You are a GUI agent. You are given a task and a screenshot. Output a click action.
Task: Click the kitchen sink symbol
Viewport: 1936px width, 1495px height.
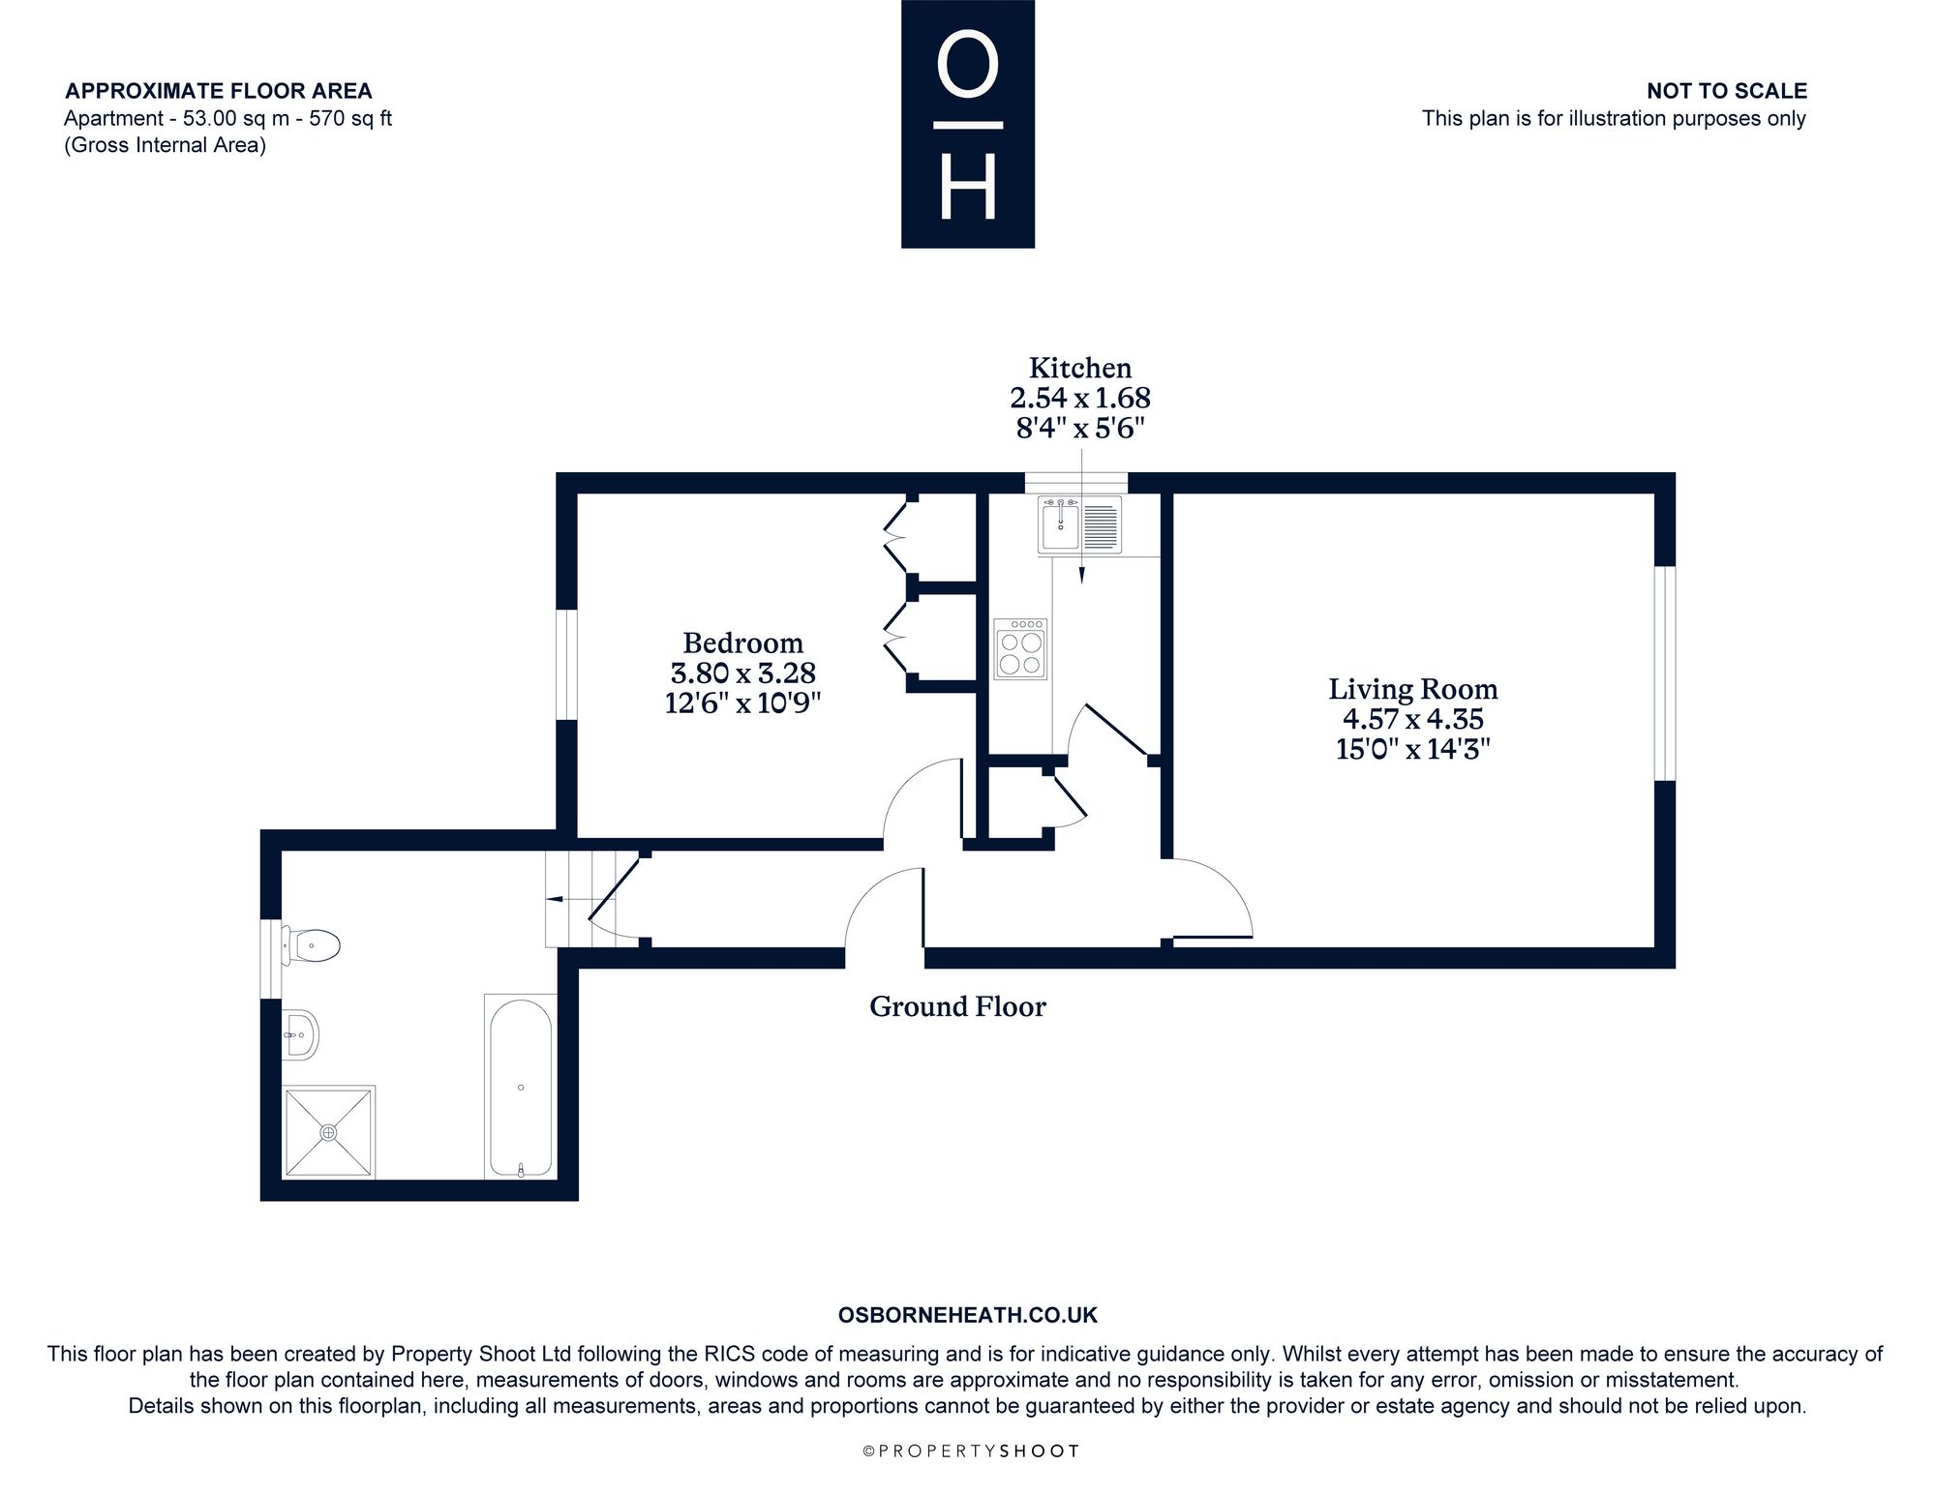[x=1079, y=524]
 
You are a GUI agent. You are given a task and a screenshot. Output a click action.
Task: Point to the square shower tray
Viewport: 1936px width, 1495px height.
[x=329, y=1132]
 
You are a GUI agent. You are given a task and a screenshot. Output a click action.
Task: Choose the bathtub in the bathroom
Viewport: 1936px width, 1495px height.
[x=521, y=1088]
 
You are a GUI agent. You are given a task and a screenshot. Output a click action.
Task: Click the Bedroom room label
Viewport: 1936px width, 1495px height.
[x=742, y=643]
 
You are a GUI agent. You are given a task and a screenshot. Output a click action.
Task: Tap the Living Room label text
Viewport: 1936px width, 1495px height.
[x=1412, y=689]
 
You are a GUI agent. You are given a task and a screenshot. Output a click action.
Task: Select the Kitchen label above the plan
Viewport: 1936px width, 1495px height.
[x=1080, y=368]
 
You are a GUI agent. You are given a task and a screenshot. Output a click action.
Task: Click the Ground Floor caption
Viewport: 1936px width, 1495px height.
[x=957, y=1006]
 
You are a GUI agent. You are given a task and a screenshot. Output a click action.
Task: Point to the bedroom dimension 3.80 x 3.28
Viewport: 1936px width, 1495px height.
[x=742, y=673]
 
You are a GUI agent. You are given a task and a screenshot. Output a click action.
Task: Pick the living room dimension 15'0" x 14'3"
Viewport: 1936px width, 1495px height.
[x=1412, y=749]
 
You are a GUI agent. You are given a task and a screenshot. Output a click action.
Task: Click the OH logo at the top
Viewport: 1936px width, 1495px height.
[x=968, y=124]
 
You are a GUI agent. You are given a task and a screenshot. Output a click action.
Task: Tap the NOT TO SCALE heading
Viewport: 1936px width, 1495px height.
[x=1727, y=91]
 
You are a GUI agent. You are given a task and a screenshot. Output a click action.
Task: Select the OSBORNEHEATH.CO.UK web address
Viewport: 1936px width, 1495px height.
[x=968, y=1315]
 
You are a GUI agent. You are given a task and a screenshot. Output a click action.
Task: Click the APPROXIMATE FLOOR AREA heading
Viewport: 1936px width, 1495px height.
[x=218, y=91]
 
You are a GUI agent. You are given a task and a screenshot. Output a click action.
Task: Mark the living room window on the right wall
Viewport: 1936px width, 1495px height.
[x=1665, y=673]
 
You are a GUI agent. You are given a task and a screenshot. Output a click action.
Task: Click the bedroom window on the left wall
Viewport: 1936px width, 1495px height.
[x=567, y=665]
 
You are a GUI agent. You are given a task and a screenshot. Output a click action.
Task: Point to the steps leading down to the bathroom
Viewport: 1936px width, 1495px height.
[x=567, y=899]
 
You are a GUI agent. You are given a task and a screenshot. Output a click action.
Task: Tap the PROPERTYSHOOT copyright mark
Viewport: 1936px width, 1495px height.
[x=969, y=1450]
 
